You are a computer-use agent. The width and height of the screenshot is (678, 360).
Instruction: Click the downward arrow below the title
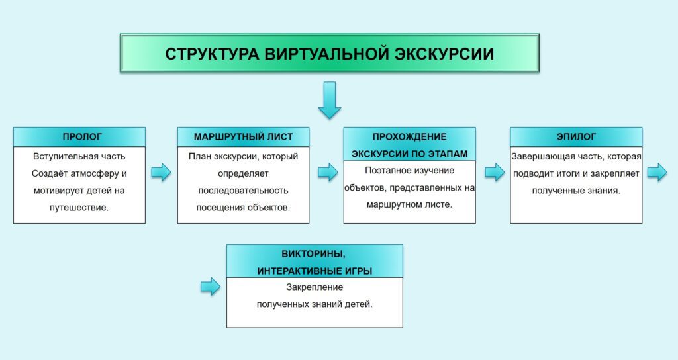point(329,100)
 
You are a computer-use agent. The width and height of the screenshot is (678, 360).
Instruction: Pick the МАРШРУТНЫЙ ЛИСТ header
point(244,137)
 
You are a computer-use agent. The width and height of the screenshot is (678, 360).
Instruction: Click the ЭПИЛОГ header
point(576,137)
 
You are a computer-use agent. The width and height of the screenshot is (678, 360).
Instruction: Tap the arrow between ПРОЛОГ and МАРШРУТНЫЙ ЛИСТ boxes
point(161,173)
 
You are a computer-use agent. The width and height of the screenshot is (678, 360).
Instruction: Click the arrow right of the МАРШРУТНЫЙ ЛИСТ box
point(328,173)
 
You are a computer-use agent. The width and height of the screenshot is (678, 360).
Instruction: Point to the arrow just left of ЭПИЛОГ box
point(495,173)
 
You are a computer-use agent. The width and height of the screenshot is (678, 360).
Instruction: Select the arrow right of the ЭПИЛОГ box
point(657,173)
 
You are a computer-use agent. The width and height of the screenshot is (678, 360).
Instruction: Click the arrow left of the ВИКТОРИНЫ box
point(210,287)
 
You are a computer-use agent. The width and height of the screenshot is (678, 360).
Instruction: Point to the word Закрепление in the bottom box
point(315,288)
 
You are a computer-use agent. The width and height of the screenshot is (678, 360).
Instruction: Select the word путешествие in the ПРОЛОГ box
point(79,207)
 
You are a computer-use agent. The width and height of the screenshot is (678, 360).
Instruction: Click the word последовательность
point(244,191)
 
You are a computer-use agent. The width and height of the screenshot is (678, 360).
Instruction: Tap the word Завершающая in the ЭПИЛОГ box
point(537,157)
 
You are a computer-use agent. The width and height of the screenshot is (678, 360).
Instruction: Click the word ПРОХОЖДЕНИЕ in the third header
point(409,137)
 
